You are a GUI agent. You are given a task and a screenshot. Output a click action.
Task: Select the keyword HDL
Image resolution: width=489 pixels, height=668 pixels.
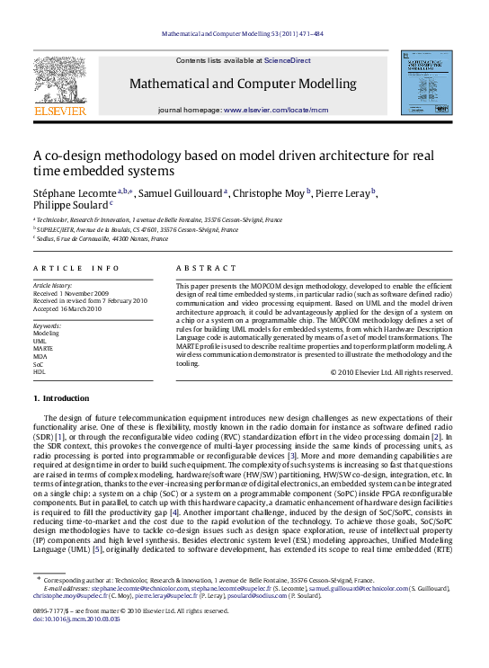(x=39, y=370)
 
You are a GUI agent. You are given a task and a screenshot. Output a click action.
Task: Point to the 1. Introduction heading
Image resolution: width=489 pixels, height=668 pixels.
(x=61, y=397)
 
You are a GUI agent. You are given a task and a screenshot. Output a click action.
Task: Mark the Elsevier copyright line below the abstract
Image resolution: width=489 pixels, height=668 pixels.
(x=389, y=371)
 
